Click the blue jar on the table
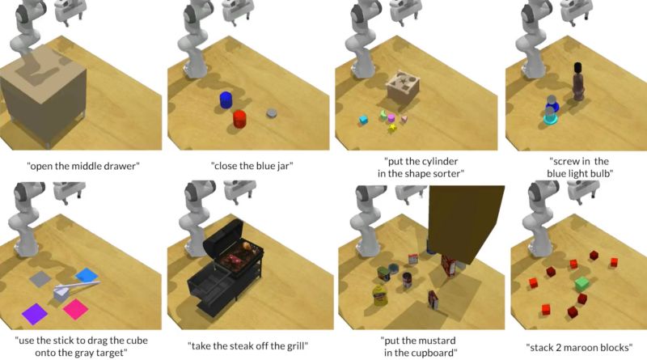pos(226,100)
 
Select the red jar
pos(239,119)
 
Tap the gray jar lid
pos(272,112)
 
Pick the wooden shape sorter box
pos(403,87)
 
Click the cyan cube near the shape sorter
pos(363,120)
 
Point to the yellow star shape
pos(392,128)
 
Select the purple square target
pos(35,314)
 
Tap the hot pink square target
pos(76,309)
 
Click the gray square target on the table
pos(40,278)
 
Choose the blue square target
pos(87,275)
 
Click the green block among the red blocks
pos(581,284)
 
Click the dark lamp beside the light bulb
pos(577,82)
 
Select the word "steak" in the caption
pos(242,345)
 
